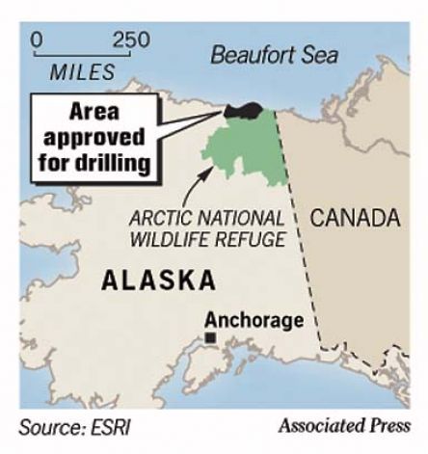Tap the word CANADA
click(x=353, y=214)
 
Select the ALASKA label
click(x=159, y=280)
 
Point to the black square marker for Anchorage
click(x=209, y=337)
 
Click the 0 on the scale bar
click(x=37, y=40)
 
